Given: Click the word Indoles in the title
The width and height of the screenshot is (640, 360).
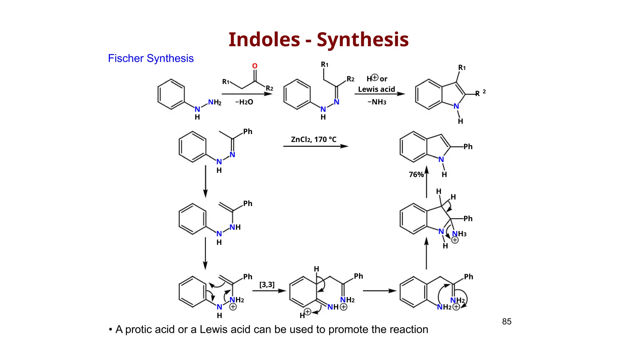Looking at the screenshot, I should tap(264, 40).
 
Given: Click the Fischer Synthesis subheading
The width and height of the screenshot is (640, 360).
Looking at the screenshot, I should tap(151, 58).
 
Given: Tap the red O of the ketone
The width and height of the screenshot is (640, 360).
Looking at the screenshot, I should tap(255, 66).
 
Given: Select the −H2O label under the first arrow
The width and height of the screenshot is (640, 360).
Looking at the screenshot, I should tap(244, 102).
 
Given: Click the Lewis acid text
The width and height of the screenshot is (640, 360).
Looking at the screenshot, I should tap(376, 89).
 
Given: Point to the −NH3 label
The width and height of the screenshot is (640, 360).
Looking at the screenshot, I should tap(377, 102).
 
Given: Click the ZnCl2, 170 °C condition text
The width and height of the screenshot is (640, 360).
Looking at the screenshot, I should tap(313, 139).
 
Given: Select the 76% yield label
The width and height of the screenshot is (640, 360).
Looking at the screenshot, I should tap(416, 175).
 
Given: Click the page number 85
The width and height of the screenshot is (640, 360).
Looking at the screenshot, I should tap(507, 322).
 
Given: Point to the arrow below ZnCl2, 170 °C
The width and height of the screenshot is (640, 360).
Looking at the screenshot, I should tap(316, 146).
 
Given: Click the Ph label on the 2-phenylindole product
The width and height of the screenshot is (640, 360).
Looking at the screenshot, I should tap(468, 147).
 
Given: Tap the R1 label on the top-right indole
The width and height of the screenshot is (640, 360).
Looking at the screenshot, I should tap(462, 68).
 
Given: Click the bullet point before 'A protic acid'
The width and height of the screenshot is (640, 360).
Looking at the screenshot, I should tap(110, 330).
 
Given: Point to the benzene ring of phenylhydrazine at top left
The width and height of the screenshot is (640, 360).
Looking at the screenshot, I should tap(171, 94).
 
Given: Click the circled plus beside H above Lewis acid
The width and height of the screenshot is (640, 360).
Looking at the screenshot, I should tap(375, 77).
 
